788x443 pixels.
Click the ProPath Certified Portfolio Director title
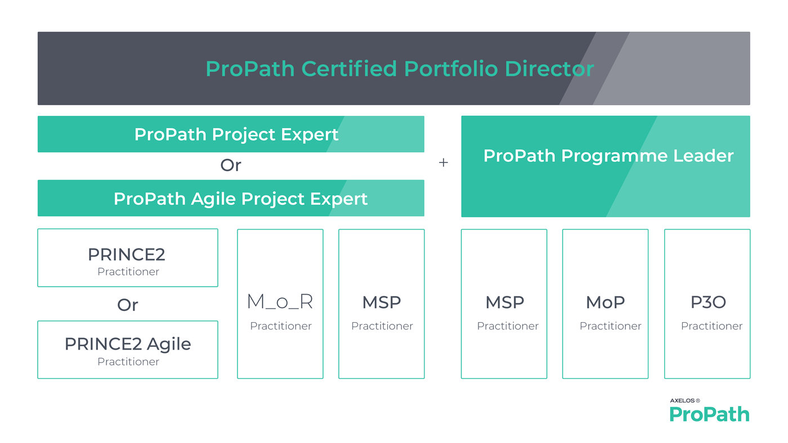[400, 69]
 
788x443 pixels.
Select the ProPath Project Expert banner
[231, 134]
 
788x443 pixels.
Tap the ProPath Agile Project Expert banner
[231, 198]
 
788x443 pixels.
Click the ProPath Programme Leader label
[608, 156]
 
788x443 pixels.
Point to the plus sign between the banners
[444, 162]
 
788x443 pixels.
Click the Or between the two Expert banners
[231, 165]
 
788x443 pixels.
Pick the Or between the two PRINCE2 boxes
[127, 305]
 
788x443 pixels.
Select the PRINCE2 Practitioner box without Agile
[128, 258]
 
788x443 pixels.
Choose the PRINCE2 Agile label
[128, 344]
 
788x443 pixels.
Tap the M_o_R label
[280, 301]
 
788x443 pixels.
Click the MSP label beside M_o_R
[382, 302]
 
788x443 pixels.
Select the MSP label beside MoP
[504, 302]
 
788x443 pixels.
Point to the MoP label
[606, 302]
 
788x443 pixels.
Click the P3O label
[708, 302]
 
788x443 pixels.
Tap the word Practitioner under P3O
[711, 326]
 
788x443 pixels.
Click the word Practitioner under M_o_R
[281, 326]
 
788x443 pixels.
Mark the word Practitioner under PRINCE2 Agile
[128, 361]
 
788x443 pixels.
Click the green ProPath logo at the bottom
[709, 414]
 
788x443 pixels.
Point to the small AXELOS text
[682, 400]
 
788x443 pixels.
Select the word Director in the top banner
[549, 69]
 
